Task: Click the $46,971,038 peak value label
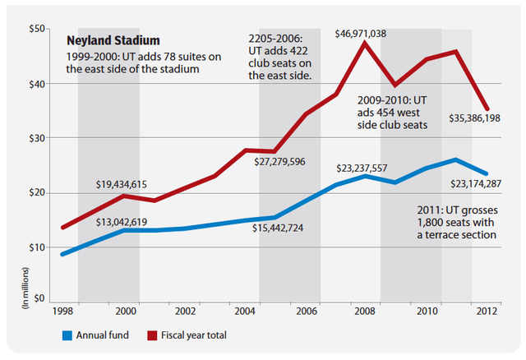point(367,33)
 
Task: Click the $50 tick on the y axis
point(35,29)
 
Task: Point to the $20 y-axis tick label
point(35,192)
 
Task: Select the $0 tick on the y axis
point(38,299)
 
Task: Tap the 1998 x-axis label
point(63,312)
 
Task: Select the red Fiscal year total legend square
point(153,335)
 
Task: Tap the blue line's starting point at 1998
point(63,254)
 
